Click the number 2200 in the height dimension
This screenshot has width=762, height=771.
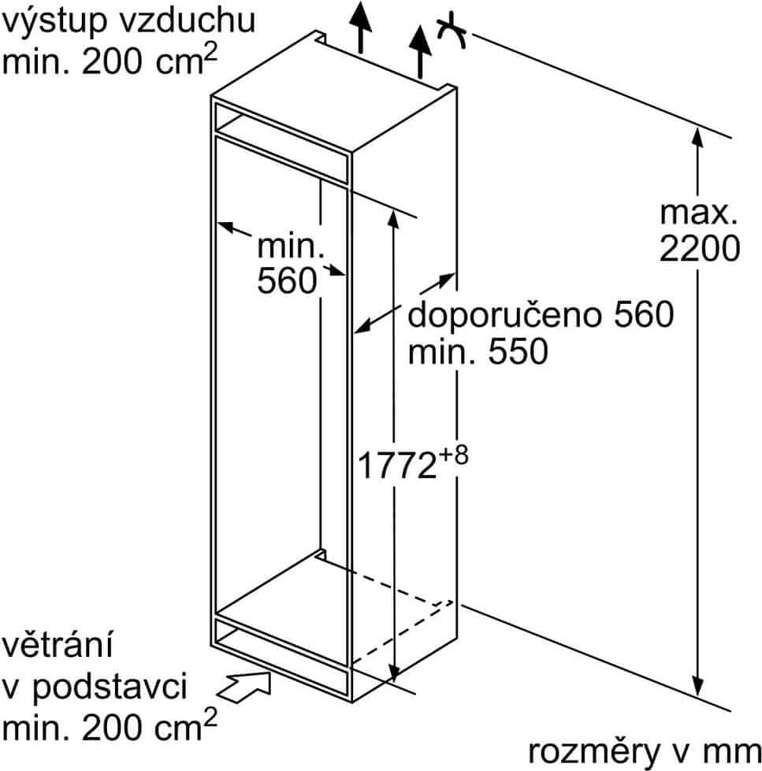point(700,248)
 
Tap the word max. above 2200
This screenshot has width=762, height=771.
point(698,213)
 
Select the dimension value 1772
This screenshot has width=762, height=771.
point(397,465)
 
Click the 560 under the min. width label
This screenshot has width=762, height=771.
point(288,281)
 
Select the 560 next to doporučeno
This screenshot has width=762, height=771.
point(644,315)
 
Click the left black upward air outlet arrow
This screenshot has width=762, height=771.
point(361,27)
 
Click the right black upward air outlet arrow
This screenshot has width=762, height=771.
point(420,52)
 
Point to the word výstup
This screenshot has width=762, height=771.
point(55,21)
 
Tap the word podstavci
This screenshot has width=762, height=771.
point(110,688)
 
